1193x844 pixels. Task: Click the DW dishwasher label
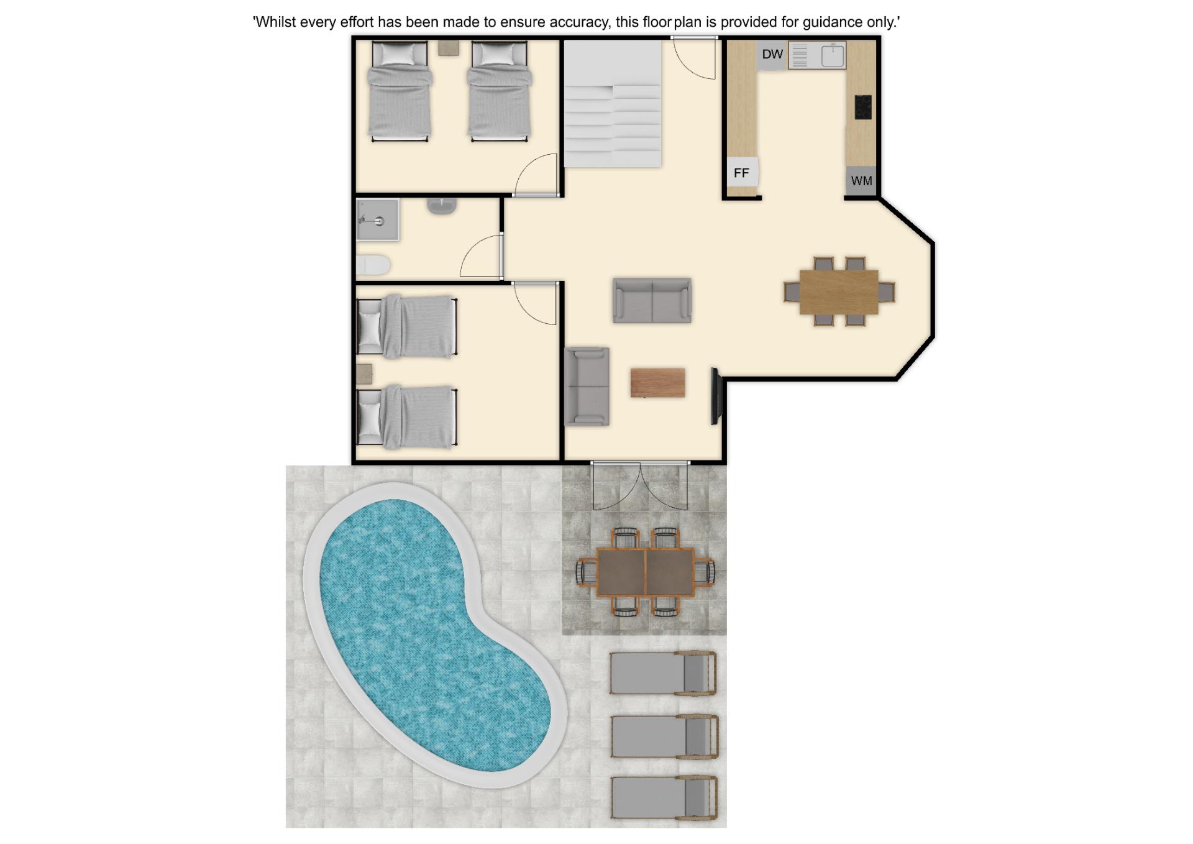772,54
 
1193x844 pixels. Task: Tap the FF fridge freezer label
741,173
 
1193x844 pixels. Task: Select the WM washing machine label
861,181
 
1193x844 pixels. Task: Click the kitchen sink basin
833,55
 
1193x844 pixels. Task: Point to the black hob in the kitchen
863,107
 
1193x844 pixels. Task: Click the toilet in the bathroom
373,265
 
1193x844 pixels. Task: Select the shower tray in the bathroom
377,219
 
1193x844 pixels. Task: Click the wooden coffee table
657,382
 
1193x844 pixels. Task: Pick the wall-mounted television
715,397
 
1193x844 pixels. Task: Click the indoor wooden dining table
839,292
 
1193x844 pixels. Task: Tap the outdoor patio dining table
646,572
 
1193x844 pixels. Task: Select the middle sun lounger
664,736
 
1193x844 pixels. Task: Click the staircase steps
612,104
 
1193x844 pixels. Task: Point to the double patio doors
640,487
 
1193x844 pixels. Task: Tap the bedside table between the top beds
449,48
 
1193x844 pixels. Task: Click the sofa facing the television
587,386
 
